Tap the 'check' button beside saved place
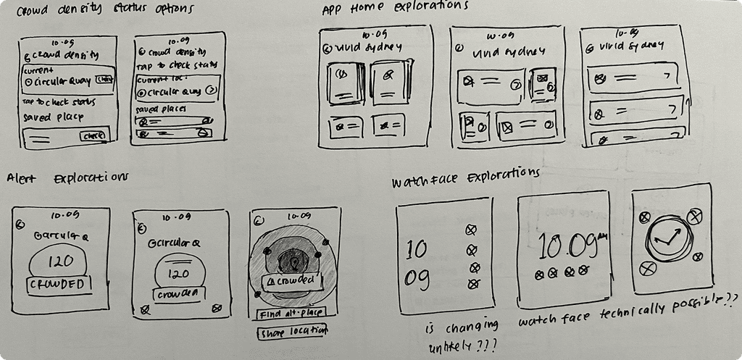95,136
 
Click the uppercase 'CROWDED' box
60,285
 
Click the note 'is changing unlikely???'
463,334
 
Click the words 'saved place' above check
53,117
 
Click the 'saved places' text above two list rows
158,109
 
